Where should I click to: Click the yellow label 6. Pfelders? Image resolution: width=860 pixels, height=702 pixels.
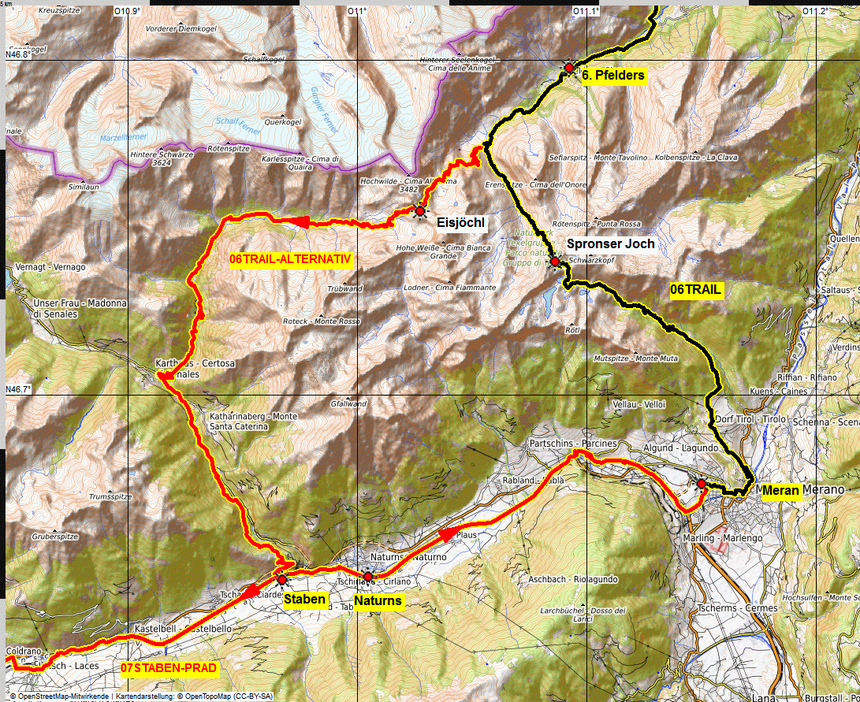pyautogui.click(x=613, y=76)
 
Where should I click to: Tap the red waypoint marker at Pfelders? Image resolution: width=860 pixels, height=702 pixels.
pyautogui.click(x=569, y=69)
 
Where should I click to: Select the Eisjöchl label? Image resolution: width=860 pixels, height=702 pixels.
pyautogui.click(x=460, y=224)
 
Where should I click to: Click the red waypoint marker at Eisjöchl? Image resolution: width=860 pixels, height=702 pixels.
pyautogui.click(x=420, y=211)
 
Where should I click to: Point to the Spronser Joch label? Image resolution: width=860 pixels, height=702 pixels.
pyautogui.click(x=610, y=244)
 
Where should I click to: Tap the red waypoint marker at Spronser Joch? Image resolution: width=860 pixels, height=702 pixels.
pyautogui.click(x=555, y=262)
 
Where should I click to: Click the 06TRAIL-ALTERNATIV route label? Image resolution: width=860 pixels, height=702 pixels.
pyautogui.click(x=290, y=259)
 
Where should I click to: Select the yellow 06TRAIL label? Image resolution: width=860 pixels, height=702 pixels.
pyautogui.click(x=695, y=290)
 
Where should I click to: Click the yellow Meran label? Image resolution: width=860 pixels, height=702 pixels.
pyautogui.click(x=781, y=491)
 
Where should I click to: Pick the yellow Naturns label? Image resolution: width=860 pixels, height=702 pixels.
pyautogui.click(x=378, y=601)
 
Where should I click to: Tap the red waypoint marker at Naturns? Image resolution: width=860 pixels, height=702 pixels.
pyautogui.click(x=368, y=577)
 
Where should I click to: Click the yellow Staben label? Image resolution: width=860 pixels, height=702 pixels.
pyautogui.click(x=304, y=600)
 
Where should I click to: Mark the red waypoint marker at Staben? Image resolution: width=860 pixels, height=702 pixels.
pyautogui.click(x=282, y=580)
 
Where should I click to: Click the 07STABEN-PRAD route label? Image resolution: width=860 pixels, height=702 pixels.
pyautogui.click(x=169, y=668)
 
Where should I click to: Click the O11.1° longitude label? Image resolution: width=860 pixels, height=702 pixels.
pyautogui.click(x=585, y=11)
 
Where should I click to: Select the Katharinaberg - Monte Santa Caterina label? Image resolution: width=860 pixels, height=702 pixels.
pyautogui.click(x=242, y=421)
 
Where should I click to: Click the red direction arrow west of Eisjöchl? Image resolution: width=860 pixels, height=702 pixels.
pyautogui.click(x=302, y=222)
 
